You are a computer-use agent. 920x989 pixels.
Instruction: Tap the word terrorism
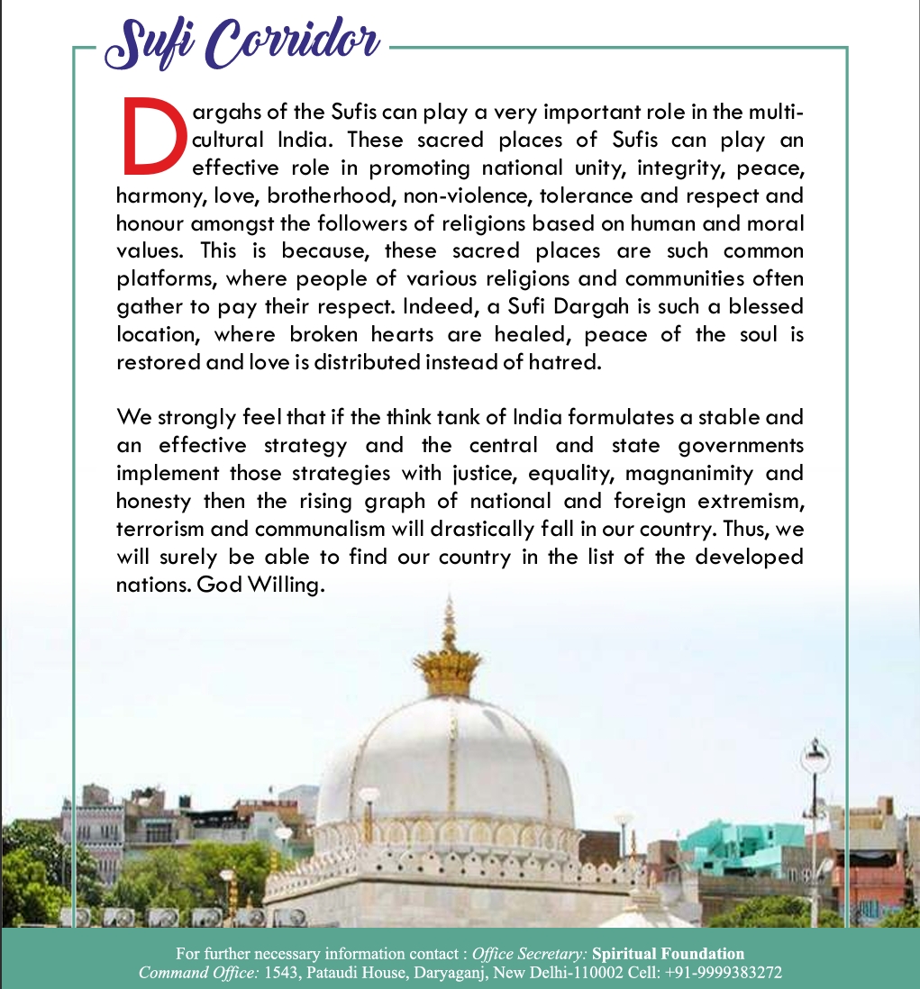163,529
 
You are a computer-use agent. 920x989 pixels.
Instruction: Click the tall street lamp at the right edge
814,811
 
